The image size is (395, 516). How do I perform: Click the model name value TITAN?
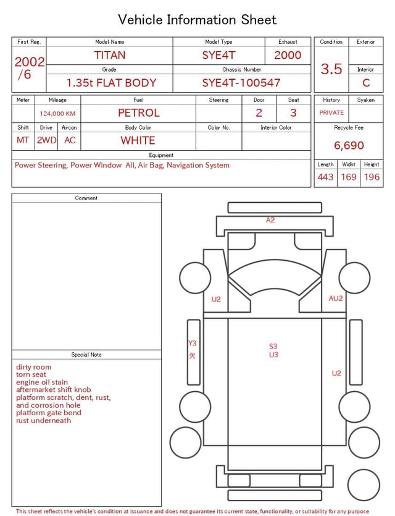tap(110, 55)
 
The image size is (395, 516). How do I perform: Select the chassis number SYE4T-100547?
tap(241, 83)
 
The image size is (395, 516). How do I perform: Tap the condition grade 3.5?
tap(331, 69)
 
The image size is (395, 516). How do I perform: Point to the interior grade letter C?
tap(366, 83)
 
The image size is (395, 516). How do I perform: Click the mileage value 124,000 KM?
tap(57, 114)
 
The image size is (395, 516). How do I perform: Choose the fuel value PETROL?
tap(139, 113)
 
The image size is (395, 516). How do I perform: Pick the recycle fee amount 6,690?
tap(349, 145)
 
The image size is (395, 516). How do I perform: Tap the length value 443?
tap(326, 177)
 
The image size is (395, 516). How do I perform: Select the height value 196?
tap(372, 177)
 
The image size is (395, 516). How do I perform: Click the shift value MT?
tap(23, 140)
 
